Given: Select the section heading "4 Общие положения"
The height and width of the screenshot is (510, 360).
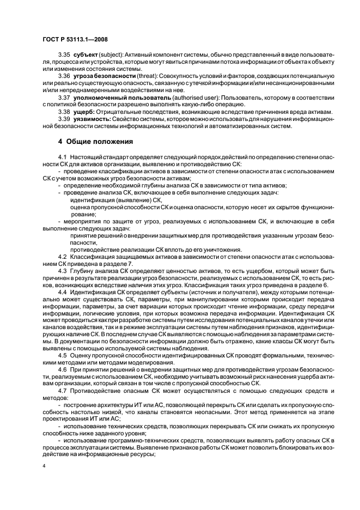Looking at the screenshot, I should (96, 142).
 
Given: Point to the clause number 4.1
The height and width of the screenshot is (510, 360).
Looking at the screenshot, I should (62, 157).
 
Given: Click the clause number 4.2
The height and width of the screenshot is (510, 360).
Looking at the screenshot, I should (62, 256).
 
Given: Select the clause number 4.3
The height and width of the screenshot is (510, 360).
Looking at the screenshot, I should (62, 269).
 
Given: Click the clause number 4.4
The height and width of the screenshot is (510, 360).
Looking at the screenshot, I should (62, 292).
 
